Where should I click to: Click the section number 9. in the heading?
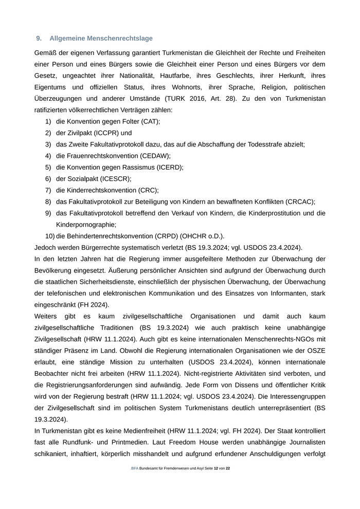pos(39,39)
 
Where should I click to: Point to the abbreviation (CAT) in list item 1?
pos(149,121)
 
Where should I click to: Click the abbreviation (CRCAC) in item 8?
pos(298,202)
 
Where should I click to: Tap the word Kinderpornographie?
pos(86,225)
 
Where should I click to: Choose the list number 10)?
pos(49,237)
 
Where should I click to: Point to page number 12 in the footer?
pos(216,469)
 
